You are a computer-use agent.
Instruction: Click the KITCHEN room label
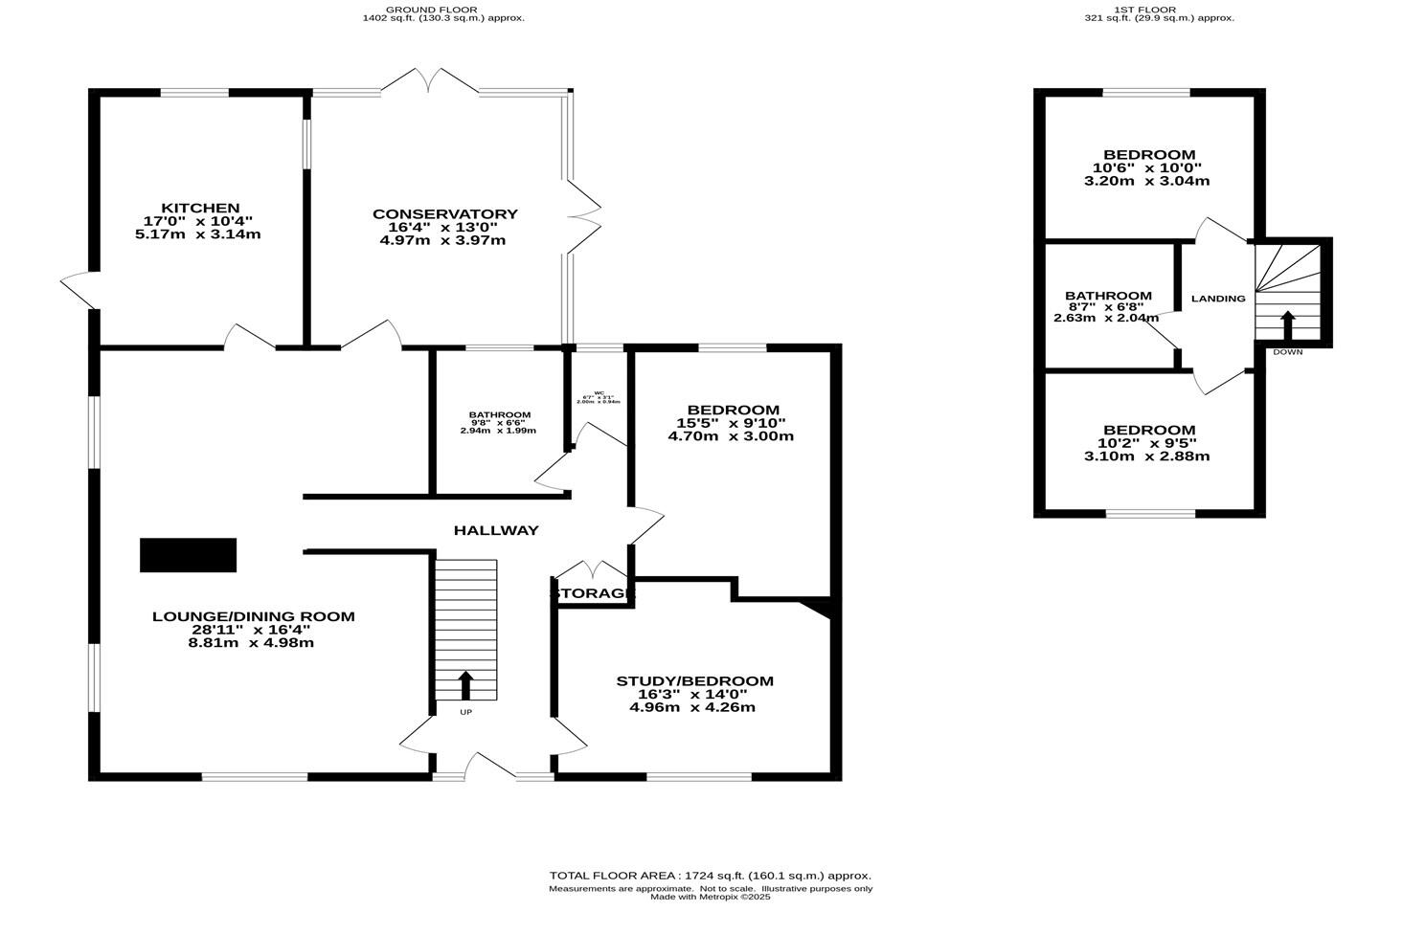click(x=200, y=208)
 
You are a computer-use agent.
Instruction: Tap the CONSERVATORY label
click(x=444, y=213)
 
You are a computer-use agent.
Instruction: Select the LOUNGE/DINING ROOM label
click(x=253, y=616)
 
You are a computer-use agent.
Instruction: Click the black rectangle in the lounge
click(x=188, y=555)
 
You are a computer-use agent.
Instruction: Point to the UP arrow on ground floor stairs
click(x=465, y=685)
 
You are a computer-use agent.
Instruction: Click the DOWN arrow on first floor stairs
click(x=1287, y=324)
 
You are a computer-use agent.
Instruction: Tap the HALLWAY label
click(x=495, y=530)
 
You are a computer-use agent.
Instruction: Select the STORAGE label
click(x=592, y=594)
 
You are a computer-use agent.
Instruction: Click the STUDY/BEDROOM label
click(x=693, y=681)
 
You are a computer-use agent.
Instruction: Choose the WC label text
click(x=599, y=393)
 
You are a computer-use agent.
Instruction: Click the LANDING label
click(x=1218, y=299)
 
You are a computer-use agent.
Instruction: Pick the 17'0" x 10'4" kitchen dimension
click(x=199, y=221)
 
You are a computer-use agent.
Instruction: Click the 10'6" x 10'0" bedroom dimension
click(x=1148, y=167)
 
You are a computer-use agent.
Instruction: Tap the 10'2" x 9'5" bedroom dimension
click(x=1146, y=443)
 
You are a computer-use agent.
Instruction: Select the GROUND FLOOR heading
click(x=442, y=9)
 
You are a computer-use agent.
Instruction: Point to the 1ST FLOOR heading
click(x=1158, y=9)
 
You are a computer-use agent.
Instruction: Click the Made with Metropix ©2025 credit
click(x=710, y=898)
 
